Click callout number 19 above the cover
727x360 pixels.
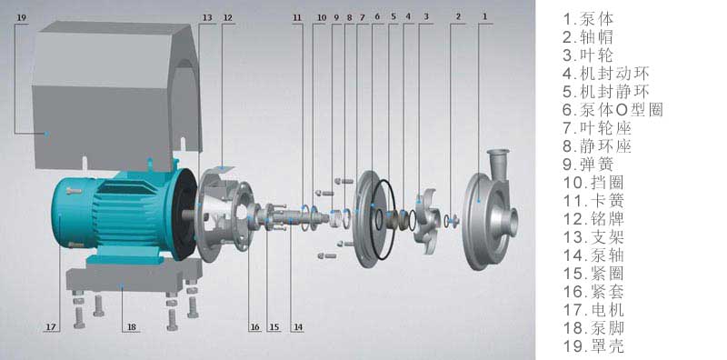click(22, 17)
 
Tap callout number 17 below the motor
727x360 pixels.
click(51, 327)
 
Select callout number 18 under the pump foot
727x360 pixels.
click(132, 327)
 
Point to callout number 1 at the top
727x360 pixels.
click(485, 16)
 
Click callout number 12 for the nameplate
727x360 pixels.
click(228, 17)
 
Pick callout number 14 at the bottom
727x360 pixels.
click(298, 327)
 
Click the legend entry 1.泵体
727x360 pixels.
click(588, 19)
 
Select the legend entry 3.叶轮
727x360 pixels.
click(588, 55)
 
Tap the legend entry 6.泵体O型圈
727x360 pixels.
click(612, 110)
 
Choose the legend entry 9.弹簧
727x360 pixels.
click(588, 165)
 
